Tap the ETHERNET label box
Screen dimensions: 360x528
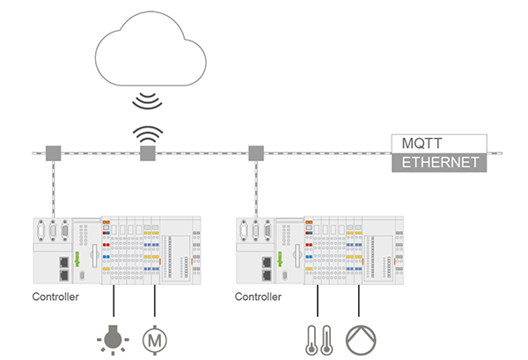[x=437, y=162]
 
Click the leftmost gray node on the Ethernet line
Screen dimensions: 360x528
[x=52, y=152]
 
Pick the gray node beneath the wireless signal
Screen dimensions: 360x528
[x=148, y=155]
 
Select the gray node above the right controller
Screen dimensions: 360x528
[x=256, y=152]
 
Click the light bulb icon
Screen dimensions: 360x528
[x=114, y=337]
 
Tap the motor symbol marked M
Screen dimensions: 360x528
[x=155, y=337]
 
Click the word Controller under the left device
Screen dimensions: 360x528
[x=55, y=298]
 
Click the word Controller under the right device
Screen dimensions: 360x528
[x=259, y=298]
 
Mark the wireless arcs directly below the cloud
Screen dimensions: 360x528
[x=148, y=99]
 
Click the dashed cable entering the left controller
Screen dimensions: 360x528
[x=53, y=194]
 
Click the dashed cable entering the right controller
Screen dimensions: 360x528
[x=256, y=194]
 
